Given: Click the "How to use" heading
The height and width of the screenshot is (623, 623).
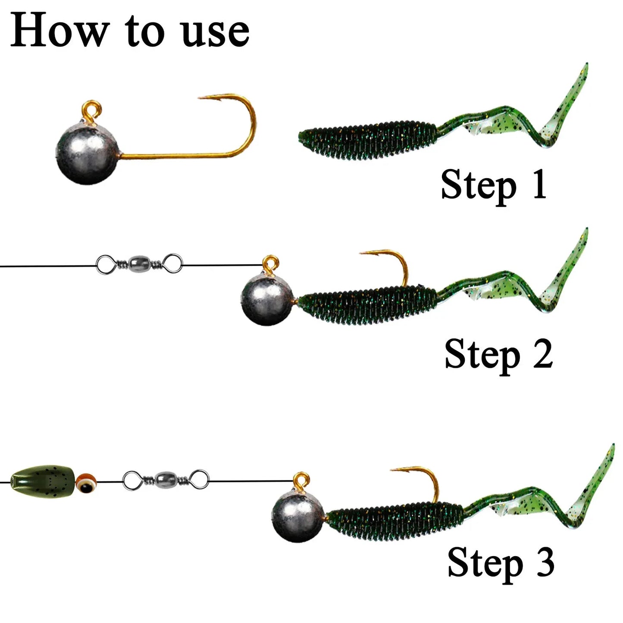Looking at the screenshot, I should [129, 30].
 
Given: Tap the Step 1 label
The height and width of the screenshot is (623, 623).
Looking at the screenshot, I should [493, 185].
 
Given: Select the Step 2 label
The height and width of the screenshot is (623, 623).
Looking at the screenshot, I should [498, 354].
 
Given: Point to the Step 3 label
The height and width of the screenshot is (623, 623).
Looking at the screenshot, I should [501, 562].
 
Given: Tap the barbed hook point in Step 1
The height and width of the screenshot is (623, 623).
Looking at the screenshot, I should [203, 98].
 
